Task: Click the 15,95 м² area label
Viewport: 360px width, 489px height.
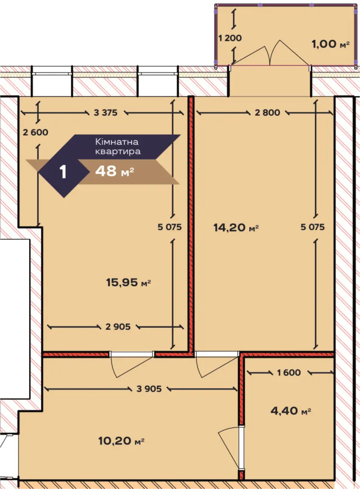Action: pyautogui.click(x=128, y=283)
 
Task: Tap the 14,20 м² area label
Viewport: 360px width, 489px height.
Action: pyautogui.click(x=236, y=227)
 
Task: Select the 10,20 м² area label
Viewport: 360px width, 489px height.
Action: pyautogui.click(x=121, y=441)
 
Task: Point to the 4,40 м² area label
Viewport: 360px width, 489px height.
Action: pyautogui.click(x=291, y=411)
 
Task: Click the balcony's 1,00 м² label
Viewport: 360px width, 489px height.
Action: pyautogui.click(x=331, y=43)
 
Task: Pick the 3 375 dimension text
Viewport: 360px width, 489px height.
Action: pyautogui.click(x=105, y=113)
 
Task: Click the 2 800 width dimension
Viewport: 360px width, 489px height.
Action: pyautogui.click(x=267, y=113)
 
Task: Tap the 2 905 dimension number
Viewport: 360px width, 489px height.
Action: pyautogui.click(x=118, y=327)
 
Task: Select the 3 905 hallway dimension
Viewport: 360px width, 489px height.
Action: pyautogui.click(x=149, y=388)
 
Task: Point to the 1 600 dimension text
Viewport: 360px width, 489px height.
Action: pyautogui.click(x=289, y=372)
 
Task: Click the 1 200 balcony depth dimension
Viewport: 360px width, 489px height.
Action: pyautogui.click(x=230, y=38)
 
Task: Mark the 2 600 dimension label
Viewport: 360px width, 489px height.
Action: pyautogui.click(x=35, y=132)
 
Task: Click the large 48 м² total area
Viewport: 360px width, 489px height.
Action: pyautogui.click(x=115, y=171)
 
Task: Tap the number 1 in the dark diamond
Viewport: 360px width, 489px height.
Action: pyautogui.click(x=63, y=171)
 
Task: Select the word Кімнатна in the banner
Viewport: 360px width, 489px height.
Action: pyautogui.click(x=117, y=142)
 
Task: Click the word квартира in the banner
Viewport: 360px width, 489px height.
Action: pyautogui.click(x=118, y=152)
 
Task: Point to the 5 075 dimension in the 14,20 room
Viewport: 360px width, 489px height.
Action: pyautogui.click(x=313, y=227)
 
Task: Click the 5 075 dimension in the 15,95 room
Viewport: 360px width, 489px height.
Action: pyautogui.click(x=169, y=227)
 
